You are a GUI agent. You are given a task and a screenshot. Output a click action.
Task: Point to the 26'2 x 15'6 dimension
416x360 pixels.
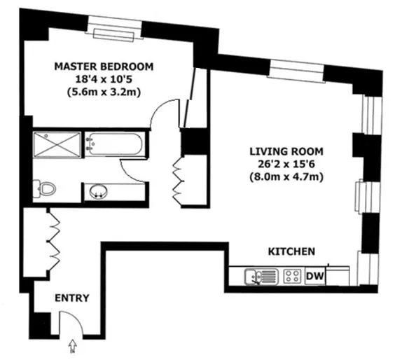[x=285, y=164]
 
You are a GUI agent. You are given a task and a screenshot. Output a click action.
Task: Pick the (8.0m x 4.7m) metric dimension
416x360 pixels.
[x=285, y=176]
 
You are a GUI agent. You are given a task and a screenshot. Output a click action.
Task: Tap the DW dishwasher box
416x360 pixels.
[x=314, y=276]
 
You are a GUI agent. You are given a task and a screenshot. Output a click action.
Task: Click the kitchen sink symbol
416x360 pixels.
[x=261, y=277]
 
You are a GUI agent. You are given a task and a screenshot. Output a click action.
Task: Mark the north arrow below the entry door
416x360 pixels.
[x=71, y=345]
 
